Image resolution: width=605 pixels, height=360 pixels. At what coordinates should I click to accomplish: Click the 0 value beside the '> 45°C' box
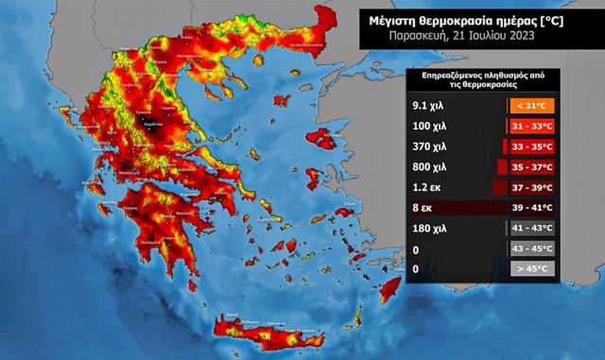(418, 268)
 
